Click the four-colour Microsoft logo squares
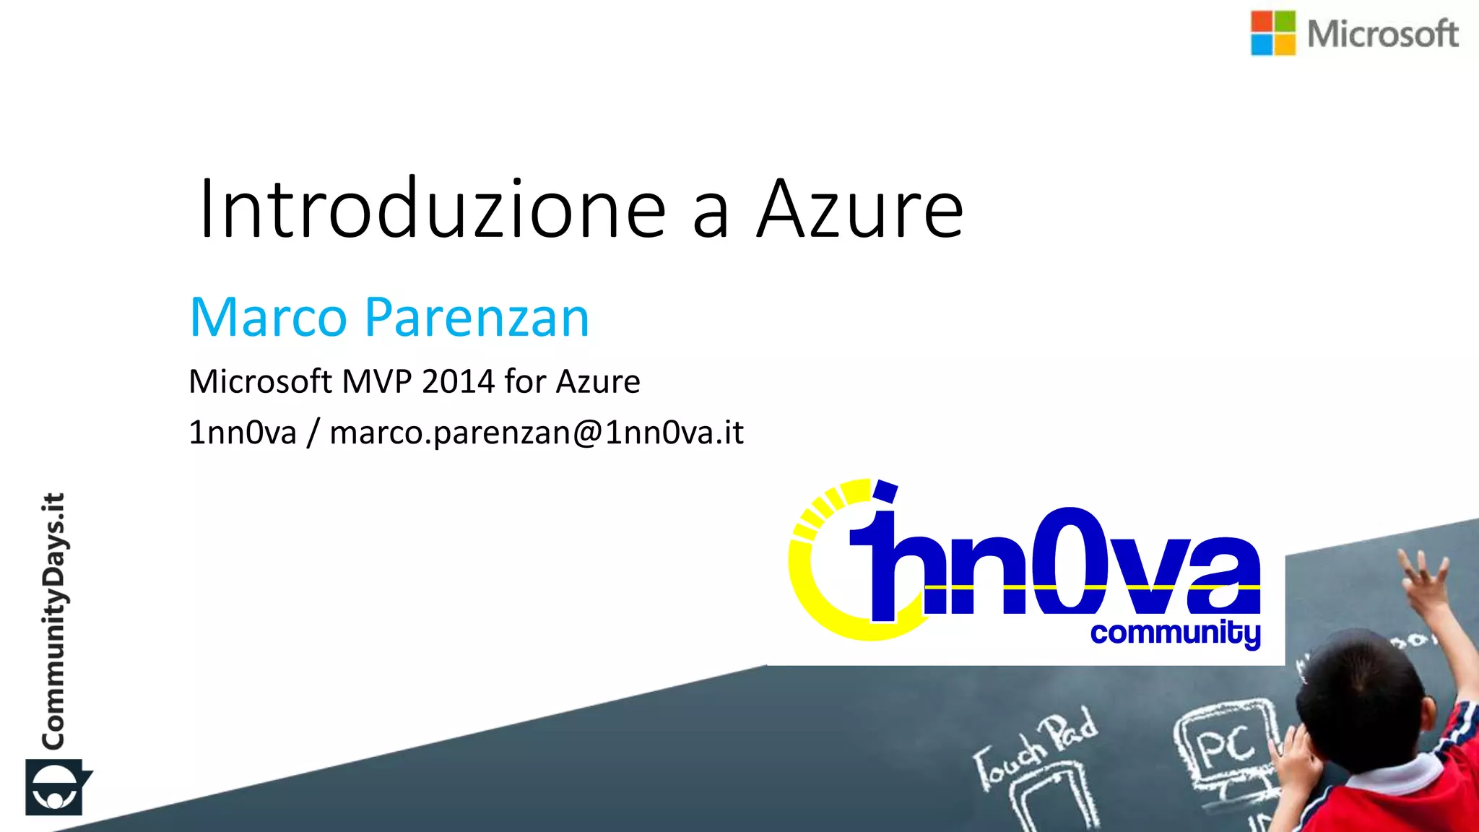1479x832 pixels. [x=1273, y=33]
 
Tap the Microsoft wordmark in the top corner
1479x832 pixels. [x=1382, y=34]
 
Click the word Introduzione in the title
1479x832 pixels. [x=432, y=209]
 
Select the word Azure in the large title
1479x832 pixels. [x=860, y=209]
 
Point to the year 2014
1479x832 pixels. [x=458, y=381]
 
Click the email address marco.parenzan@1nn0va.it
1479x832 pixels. [x=537, y=433]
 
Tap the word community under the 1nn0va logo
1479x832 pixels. [x=1175, y=633]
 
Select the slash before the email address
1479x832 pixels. [x=313, y=433]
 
